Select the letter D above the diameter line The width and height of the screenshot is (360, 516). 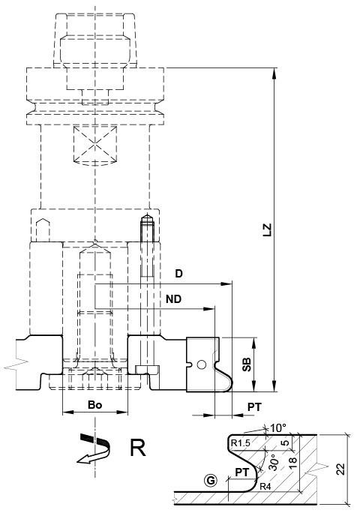178,274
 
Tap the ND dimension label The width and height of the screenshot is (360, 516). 174,298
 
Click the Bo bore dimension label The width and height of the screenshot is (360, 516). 95,404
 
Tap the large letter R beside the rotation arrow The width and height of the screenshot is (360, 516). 137,448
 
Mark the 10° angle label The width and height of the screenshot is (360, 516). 278,427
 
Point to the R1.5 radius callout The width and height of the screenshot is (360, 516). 241,443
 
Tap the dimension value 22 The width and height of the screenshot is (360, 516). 341,469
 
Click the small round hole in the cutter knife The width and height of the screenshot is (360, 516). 200,365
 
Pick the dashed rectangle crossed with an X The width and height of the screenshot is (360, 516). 95,146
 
